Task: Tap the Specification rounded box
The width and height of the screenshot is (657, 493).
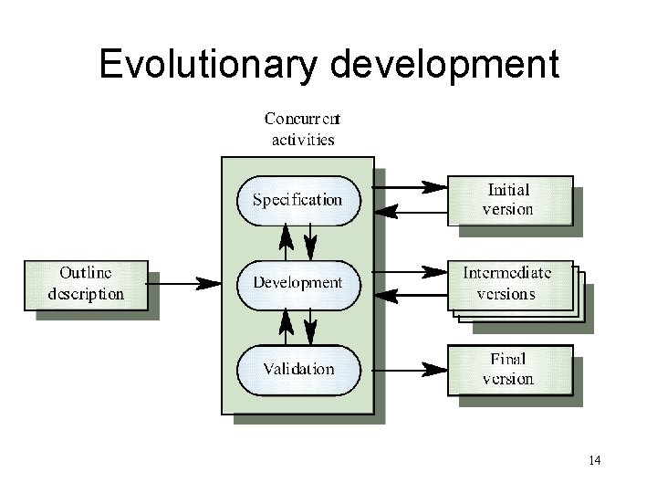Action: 297,200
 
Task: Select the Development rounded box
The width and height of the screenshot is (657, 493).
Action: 297,282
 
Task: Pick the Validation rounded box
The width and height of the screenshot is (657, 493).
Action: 297,369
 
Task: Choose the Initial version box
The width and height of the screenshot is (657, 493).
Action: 508,199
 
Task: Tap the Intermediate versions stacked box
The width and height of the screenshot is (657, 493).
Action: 508,284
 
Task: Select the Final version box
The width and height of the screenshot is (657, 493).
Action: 508,369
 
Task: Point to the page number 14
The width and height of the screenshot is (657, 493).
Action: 595,459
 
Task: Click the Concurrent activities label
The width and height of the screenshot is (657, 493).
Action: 303,129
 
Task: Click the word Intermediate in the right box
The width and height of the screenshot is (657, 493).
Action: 507,272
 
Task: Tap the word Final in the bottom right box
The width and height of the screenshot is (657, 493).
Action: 508,360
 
